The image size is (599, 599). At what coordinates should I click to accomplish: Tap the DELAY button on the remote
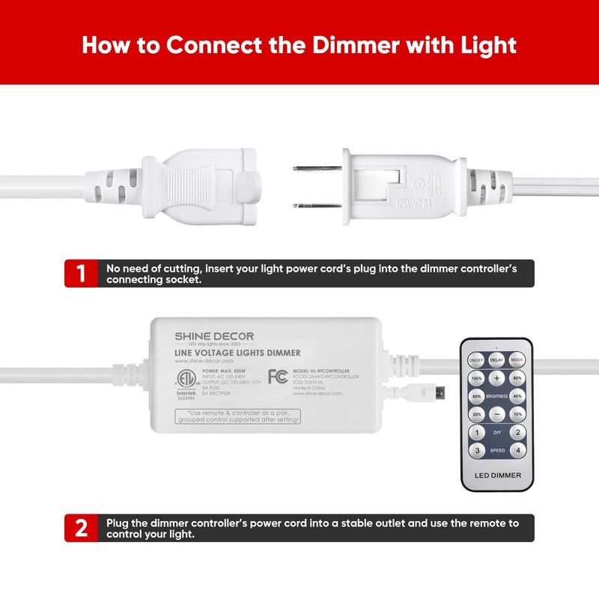[x=496, y=360]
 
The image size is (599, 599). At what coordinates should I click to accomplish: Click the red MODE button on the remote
[x=517, y=360]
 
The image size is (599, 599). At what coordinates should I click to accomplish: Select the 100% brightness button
[x=476, y=378]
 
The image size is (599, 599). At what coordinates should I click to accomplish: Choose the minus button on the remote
[x=496, y=414]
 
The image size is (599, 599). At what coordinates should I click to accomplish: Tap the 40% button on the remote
[x=517, y=396]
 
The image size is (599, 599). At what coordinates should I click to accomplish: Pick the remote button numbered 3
[x=476, y=451]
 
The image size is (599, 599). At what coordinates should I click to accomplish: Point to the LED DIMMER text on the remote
[x=496, y=475]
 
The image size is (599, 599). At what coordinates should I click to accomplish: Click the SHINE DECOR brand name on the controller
[x=214, y=336]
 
